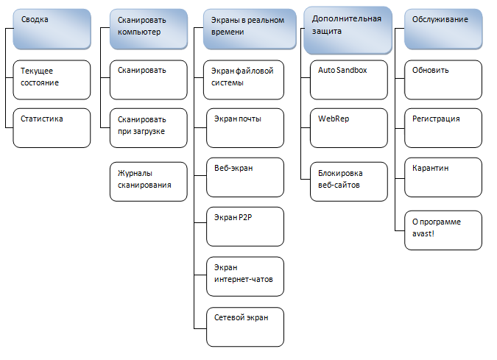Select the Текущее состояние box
(52, 80)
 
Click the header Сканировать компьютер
(148, 29)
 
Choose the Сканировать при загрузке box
(148, 128)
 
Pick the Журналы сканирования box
(148, 180)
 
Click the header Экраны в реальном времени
(244, 29)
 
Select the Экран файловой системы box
(244, 80)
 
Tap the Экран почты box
(244, 128)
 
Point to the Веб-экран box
(244, 177)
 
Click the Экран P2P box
(244, 226)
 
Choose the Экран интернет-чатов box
(244, 275)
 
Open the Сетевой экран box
(244, 326)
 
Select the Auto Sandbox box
(346, 80)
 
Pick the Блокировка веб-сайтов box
(346, 180)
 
